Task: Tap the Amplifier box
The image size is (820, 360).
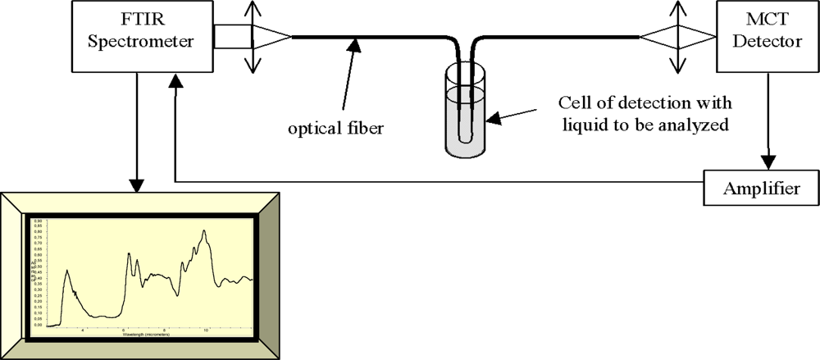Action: click(x=761, y=189)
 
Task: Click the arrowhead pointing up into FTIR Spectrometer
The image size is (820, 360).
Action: click(x=175, y=80)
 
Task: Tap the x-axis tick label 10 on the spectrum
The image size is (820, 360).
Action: click(x=206, y=331)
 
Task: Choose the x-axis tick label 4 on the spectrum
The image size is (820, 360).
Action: click(x=83, y=331)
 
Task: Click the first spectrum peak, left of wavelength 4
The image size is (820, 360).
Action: click(x=67, y=271)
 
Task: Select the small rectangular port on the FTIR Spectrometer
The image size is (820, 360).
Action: click(x=227, y=36)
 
